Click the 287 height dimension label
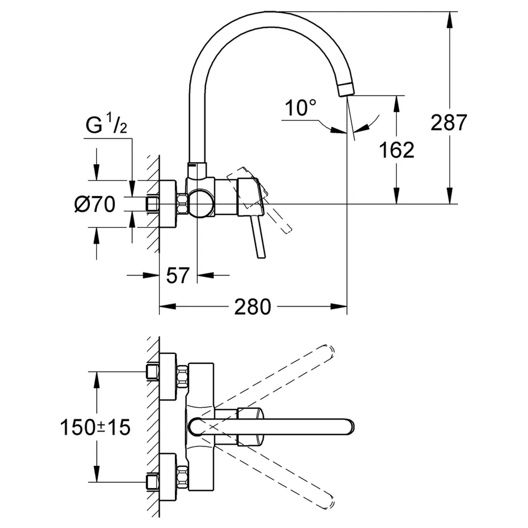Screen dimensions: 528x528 (x=449, y=122)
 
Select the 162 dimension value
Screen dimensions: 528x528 (x=396, y=150)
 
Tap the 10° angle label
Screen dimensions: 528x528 (x=300, y=108)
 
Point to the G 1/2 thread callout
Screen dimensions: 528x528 (x=106, y=126)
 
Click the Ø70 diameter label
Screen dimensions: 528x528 (x=95, y=204)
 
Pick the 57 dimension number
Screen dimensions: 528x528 (x=178, y=275)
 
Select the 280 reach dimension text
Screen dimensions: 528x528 (x=252, y=307)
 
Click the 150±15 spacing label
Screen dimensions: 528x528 (x=95, y=428)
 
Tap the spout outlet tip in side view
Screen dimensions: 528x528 (x=346, y=90)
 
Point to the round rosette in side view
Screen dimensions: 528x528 (x=168, y=204)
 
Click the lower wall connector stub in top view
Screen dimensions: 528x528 (x=152, y=482)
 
